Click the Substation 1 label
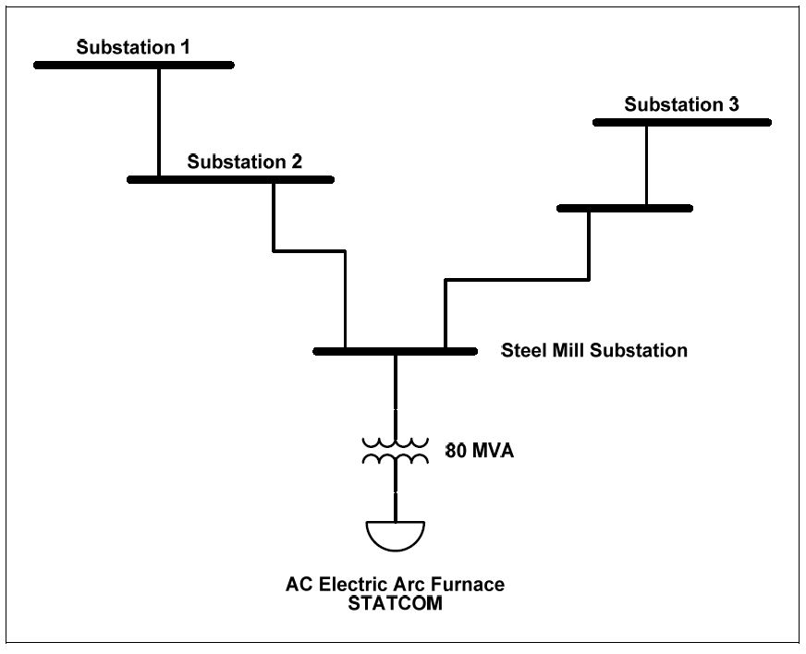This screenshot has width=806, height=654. (x=133, y=47)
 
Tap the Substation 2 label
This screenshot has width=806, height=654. (x=244, y=162)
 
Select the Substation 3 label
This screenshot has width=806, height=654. (x=681, y=104)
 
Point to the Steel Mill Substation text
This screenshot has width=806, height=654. (x=593, y=350)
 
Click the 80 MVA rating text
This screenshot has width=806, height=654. (x=480, y=452)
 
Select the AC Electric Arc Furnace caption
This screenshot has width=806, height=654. (x=395, y=585)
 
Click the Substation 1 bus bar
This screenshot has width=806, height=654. (x=134, y=65)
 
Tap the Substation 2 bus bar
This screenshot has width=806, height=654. (x=230, y=179)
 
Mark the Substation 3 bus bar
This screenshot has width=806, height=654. (x=682, y=122)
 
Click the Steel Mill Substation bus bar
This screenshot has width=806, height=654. (x=395, y=352)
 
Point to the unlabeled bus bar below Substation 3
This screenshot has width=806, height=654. (x=625, y=209)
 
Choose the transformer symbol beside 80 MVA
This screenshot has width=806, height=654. (x=396, y=451)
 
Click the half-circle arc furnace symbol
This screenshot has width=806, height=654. (x=396, y=534)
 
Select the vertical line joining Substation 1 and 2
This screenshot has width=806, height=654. (x=159, y=122)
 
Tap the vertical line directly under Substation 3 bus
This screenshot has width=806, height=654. (x=646, y=165)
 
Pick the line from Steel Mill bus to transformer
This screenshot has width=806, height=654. (x=396, y=393)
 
